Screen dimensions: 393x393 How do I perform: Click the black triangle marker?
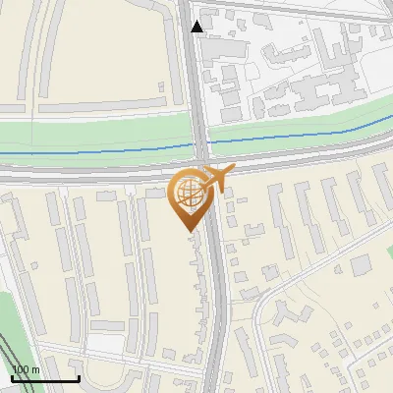click(197, 27)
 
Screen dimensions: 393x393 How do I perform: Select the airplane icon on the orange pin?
click(218, 179)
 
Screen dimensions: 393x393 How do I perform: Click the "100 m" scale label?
click(26, 369)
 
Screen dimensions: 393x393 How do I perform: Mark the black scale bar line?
click(45, 379)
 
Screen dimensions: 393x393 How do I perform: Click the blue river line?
click(98, 152)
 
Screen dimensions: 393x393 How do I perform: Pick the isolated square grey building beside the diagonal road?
click(362, 264)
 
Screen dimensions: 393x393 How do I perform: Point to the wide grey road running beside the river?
click(98, 169)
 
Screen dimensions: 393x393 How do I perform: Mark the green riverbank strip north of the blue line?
click(98, 133)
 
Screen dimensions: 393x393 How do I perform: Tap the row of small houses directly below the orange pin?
click(204, 295)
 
